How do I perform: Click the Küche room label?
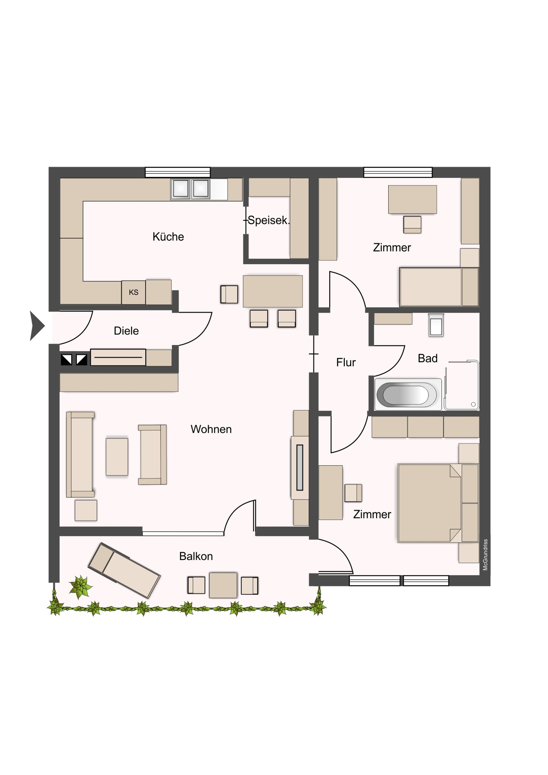pyautogui.click(x=168, y=237)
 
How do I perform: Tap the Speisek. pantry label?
pyautogui.click(x=269, y=220)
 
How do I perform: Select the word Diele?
pyautogui.click(x=126, y=331)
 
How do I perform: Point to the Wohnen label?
pyautogui.click(x=211, y=429)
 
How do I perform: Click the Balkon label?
pyautogui.click(x=196, y=556)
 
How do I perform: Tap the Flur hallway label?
pyautogui.click(x=346, y=363)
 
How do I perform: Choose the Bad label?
pyautogui.click(x=428, y=358)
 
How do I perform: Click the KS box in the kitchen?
pyautogui.click(x=133, y=293)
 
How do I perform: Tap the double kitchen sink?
pyautogui.click(x=190, y=189)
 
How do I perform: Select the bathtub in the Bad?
pyautogui.click(x=408, y=394)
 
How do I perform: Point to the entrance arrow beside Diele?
pyautogui.click(x=37, y=326)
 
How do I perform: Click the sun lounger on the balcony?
pyautogui.click(x=124, y=570)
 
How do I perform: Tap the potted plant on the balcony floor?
pyautogui.click(x=81, y=587)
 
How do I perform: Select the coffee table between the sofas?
pyautogui.click(x=117, y=457)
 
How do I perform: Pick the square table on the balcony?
pyautogui.click(x=223, y=585)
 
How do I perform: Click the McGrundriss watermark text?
pyautogui.click(x=485, y=555)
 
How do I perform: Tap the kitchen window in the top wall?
pyautogui.click(x=178, y=172)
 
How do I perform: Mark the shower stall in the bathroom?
pyautogui.click(x=462, y=385)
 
